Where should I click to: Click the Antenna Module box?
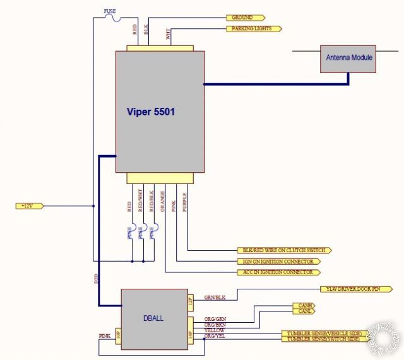point(349,58)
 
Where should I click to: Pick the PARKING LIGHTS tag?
point(253,28)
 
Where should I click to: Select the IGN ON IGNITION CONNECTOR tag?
point(278,261)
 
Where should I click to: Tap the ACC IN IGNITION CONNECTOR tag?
point(278,272)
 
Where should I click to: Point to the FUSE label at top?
point(110,10)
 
